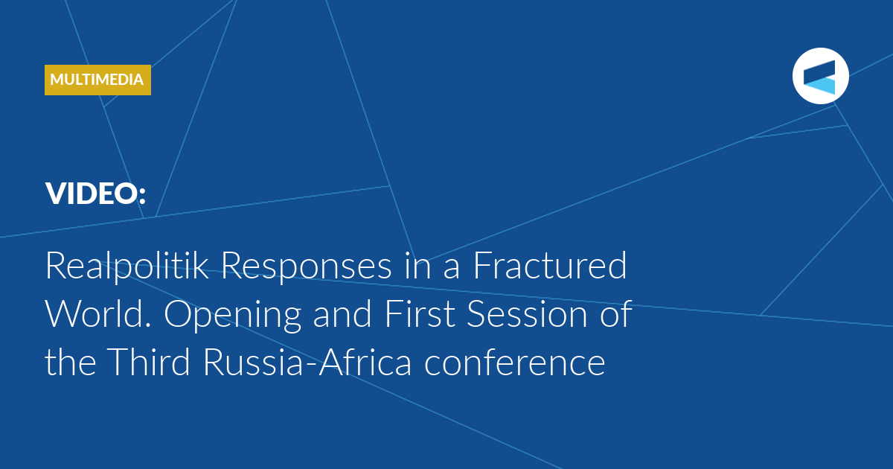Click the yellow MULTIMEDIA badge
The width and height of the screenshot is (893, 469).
click(x=97, y=80)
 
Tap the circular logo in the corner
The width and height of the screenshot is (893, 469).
click(x=820, y=76)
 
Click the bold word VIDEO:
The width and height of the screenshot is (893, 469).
click(x=96, y=194)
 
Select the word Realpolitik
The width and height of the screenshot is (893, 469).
click(x=127, y=267)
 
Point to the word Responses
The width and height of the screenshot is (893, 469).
click(x=306, y=267)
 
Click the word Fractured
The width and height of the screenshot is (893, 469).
click(x=550, y=265)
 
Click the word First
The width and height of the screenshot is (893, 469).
click(x=420, y=313)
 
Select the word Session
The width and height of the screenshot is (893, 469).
click(x=527, y=314)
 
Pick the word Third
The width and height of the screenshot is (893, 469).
click(x=148, y=361)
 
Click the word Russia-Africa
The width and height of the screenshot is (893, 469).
click(x=307, y=361)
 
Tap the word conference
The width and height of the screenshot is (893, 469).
click(x=515, y=361)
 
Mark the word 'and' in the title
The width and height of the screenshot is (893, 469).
click(x=342, y=313)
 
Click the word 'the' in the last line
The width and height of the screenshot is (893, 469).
click(x=71, y=361)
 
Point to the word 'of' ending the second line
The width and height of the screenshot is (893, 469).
click(x=616, y=313)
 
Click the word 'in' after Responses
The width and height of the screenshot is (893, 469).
click(x=417, y=266)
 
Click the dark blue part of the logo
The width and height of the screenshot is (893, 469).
click(x=819, y=71)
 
